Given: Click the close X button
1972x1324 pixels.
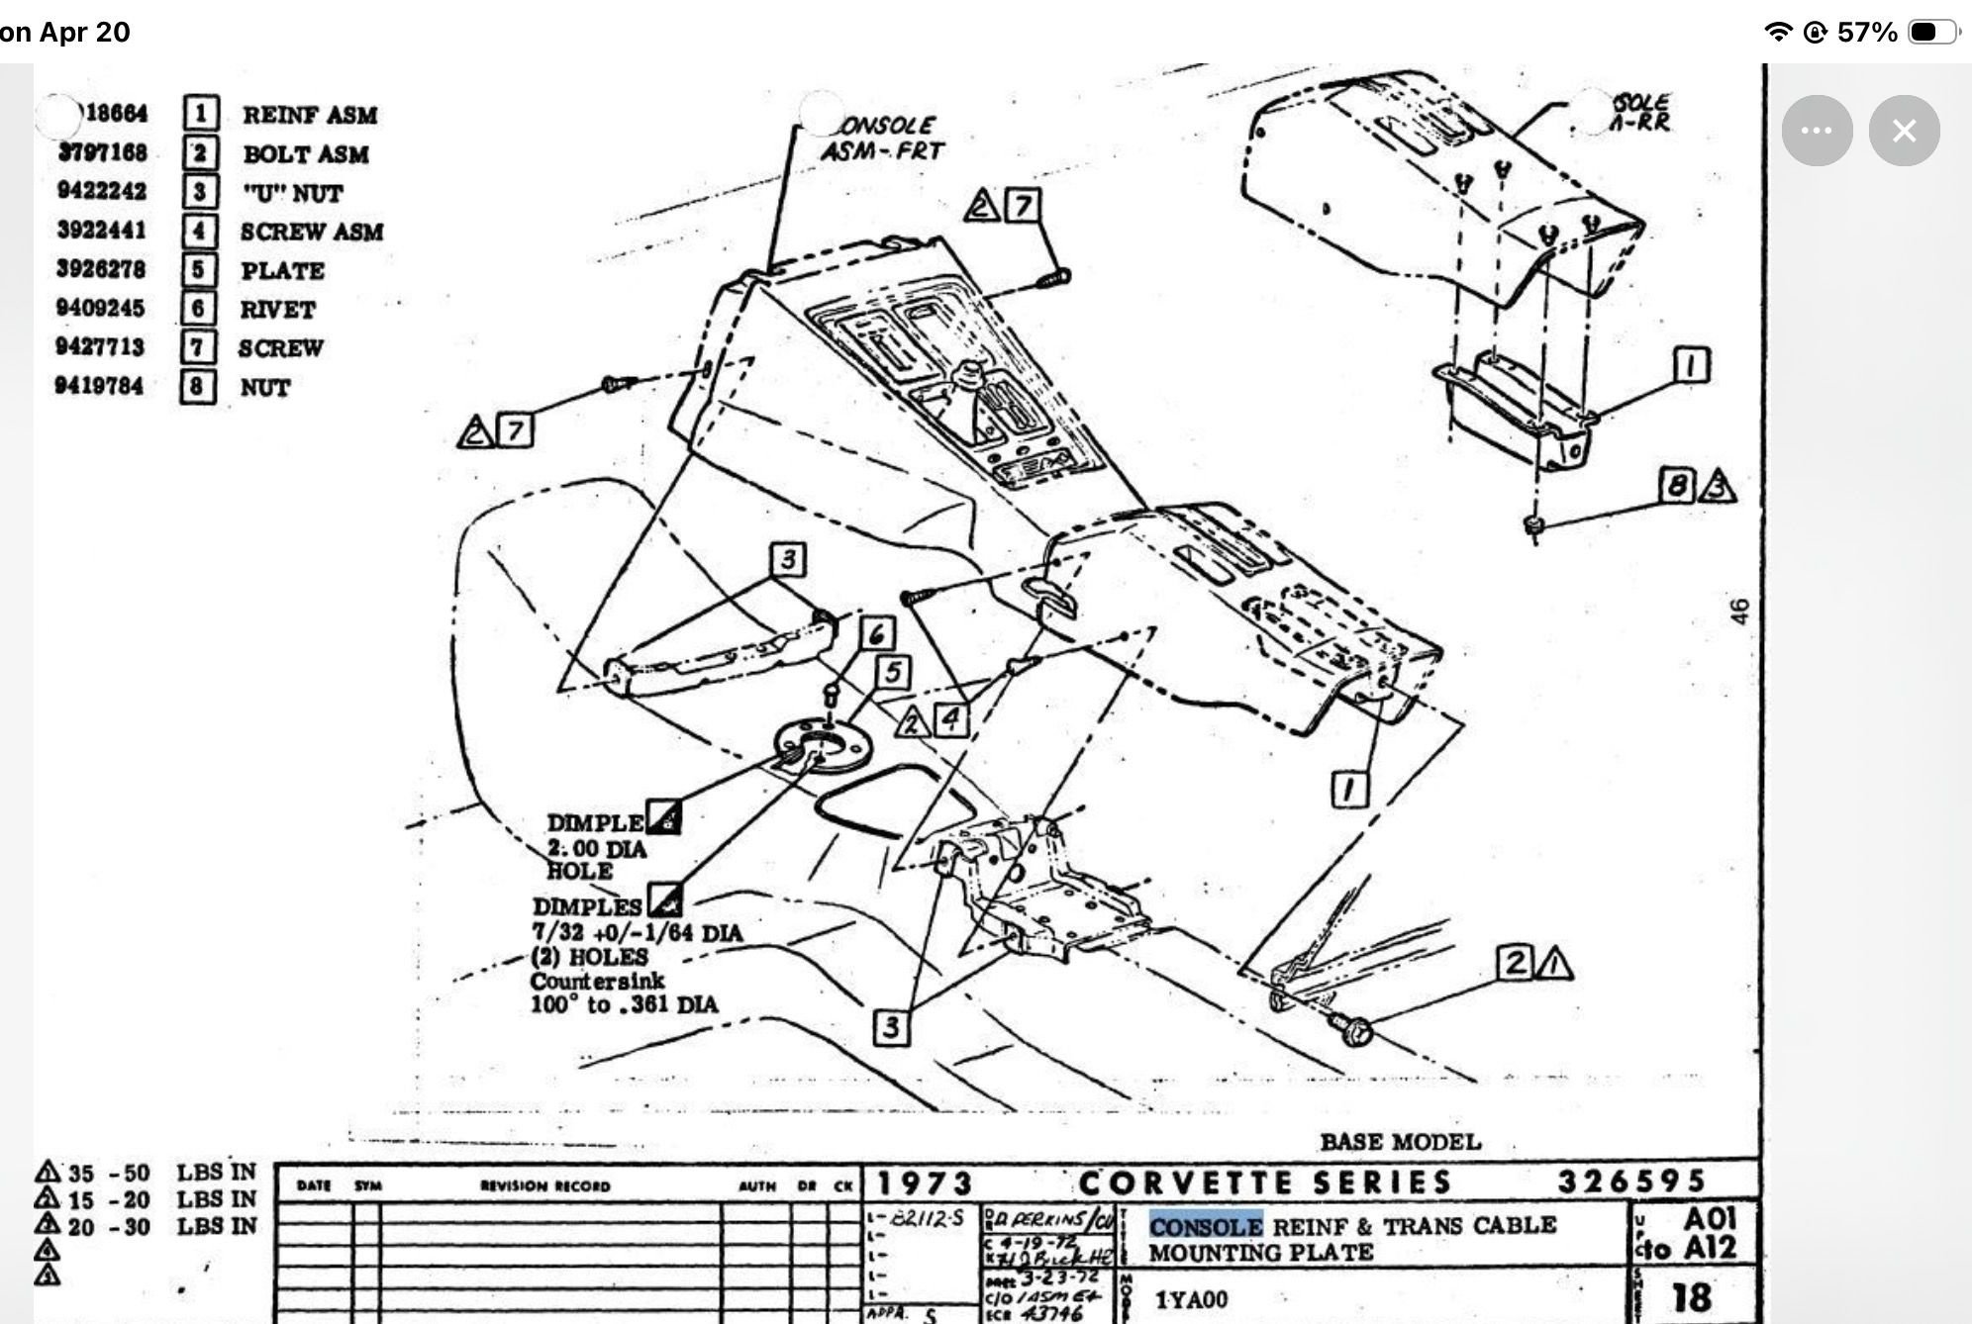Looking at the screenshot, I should click(1904, 131).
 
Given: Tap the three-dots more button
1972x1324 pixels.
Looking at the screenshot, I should click(1817, 131).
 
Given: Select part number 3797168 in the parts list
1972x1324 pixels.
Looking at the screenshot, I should click(102, 152).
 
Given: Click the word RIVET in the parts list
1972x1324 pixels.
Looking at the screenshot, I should click(277, 310).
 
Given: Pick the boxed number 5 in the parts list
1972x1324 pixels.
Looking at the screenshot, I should click(198, 270).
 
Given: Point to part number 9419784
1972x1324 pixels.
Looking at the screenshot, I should click(99, 386).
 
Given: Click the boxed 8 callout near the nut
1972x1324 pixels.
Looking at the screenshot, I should click(1676, 485).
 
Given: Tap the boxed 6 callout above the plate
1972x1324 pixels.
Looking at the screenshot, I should click(876, 634).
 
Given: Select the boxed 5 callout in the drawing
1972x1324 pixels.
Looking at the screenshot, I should click(893, 673).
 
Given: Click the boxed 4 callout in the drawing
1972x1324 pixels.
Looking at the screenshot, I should click(951, 719).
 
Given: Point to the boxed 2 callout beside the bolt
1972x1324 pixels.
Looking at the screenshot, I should click(1516, 963).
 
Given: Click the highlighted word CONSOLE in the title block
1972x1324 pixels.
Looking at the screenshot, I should click(1205, 1226).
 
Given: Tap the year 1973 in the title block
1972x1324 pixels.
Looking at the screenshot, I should click(924, 1183).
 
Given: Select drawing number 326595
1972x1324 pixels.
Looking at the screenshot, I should click(1631, 1182).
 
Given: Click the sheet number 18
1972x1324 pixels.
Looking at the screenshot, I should click(1692, 1297).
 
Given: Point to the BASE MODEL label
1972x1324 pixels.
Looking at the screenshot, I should click(1400, 1142).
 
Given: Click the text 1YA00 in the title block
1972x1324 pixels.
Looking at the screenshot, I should click(1191, 1298).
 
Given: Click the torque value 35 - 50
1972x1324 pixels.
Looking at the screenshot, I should click(110, 1174).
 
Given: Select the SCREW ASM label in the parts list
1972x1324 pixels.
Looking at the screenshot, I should click(311, 232).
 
